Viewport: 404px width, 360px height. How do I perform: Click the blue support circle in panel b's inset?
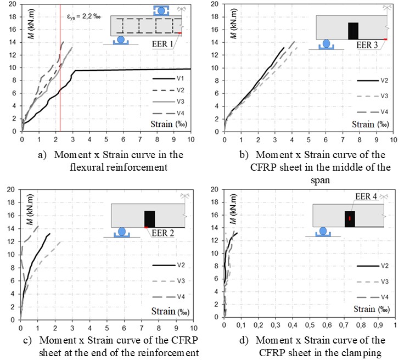326,43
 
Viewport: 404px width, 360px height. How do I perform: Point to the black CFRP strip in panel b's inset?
353,31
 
